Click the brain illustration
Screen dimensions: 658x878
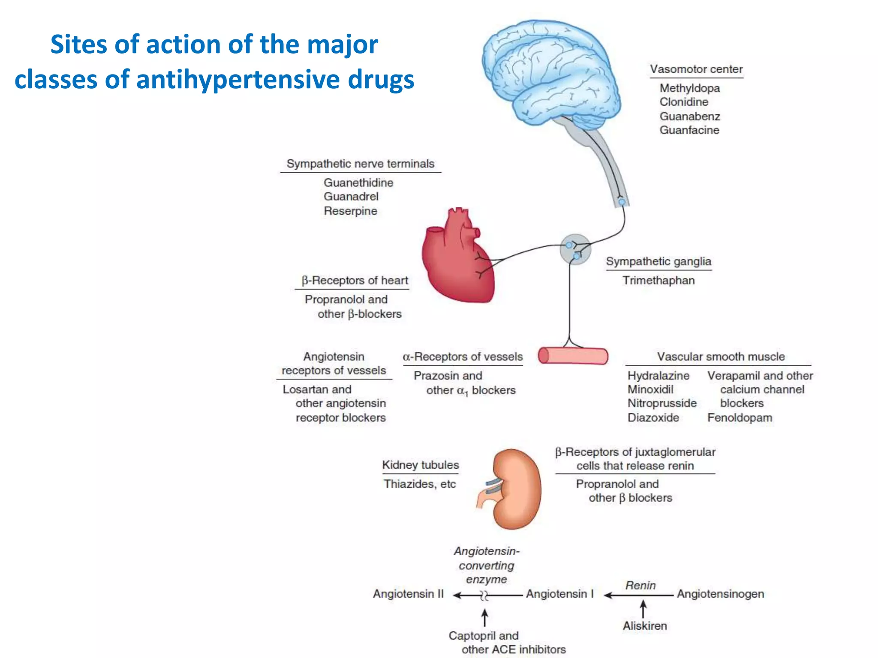pyautogui.click(x=549, y=73)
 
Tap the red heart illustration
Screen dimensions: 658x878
pyautogui.click(x=457, y=261)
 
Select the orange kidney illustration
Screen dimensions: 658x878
pyautogui.click(x=517, y=488)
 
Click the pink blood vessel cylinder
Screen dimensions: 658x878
pyautogui.click(x=573, y=356)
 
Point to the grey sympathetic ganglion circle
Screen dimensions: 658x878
pyautogui.click(x=575, y=249)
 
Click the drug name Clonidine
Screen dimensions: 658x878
pyautogui.click(x=684, y=102)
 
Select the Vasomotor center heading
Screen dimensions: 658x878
pyautogui.click(x=696, y=69)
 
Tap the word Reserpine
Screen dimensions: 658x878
pyautogui.click(x=350, y=211)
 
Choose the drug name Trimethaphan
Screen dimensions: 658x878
pyautogui.click(x=658, y=281)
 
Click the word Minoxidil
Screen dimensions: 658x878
pyautogui.click(x=650, y=389)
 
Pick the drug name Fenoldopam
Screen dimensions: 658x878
pyautogui.click(x=740, y=418)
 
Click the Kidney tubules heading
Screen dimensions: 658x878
pyautogui.click(x=420, y=465)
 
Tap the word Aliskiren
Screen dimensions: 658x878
pyautogui.click(x=645, y=626)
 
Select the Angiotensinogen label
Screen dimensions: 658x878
pyautogui.click(x=720, y=594)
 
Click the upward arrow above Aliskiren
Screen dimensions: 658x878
pyautogui.click(x=643, y=609)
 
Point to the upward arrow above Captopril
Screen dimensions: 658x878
pyautogui.click(x=484, y=618)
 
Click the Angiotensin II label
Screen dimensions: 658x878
pyautogui.click(x=408, y=594)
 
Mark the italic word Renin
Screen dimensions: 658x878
pyautogui.click(x=640, y=586)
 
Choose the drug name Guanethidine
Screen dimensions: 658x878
pyautogui.click(x=358, y=183)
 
